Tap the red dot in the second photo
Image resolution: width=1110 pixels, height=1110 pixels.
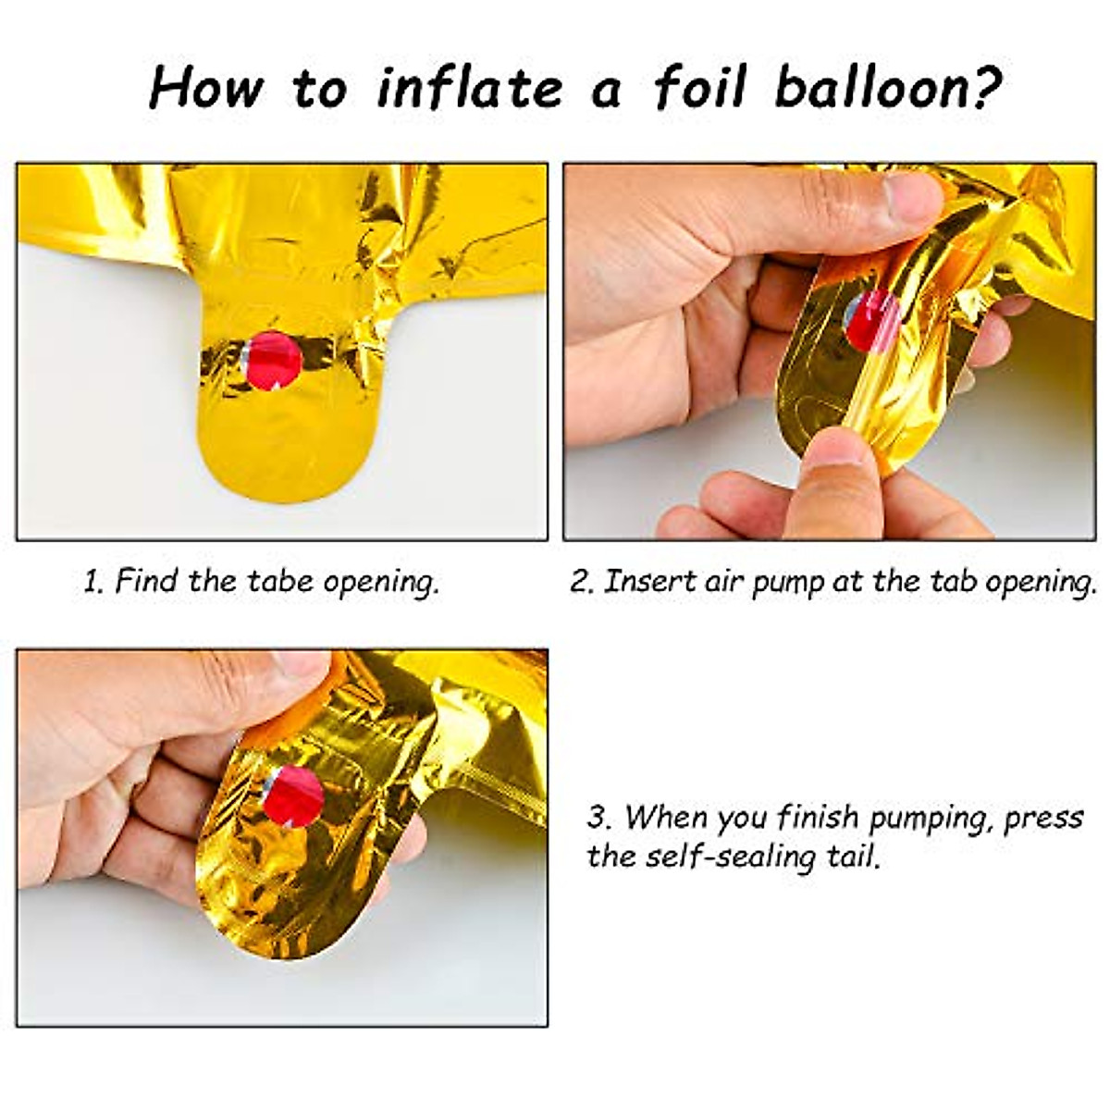pos(871,320)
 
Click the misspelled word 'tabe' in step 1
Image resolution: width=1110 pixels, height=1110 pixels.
pos(281,582)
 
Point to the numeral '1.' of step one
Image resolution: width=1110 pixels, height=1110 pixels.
pos(93,583)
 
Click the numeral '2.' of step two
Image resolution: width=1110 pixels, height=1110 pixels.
pos(580,583)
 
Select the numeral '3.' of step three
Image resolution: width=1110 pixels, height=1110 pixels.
pos(599,818)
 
